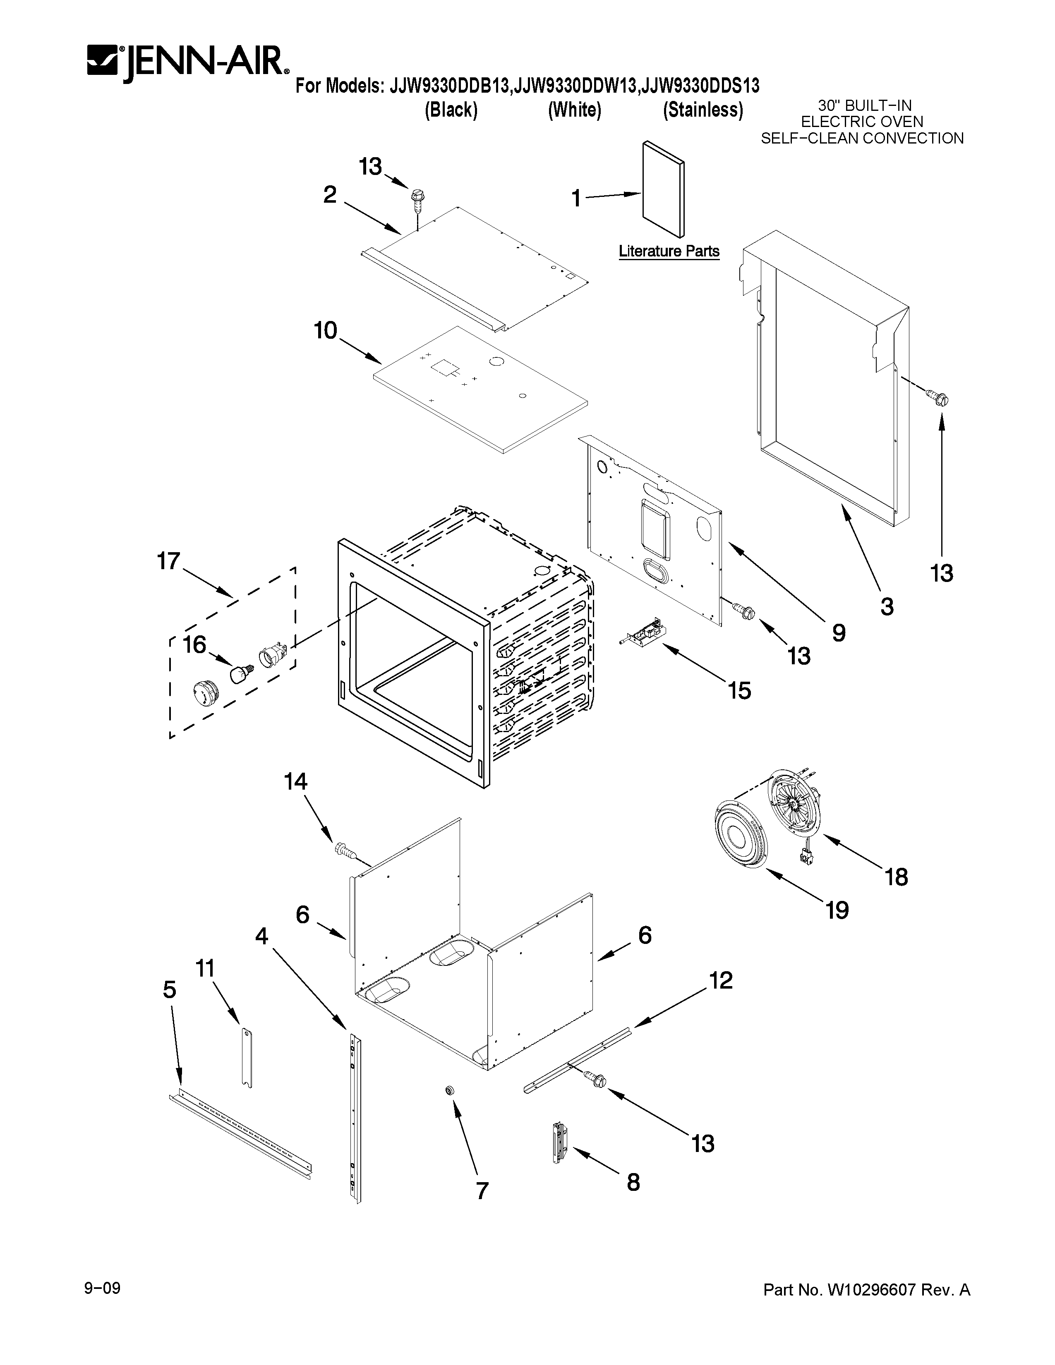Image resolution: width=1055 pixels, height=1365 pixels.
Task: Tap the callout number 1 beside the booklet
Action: [575, 199]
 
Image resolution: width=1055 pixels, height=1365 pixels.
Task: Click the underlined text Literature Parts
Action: [669, 251]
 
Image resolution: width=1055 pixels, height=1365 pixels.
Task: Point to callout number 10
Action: [325, 330]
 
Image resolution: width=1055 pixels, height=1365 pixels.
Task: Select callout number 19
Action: [837, 910]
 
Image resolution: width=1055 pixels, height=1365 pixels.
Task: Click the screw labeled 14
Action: [344, 850]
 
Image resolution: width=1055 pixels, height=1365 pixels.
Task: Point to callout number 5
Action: [169, 989]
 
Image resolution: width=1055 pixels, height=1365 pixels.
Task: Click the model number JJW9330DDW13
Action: [575, 85]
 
